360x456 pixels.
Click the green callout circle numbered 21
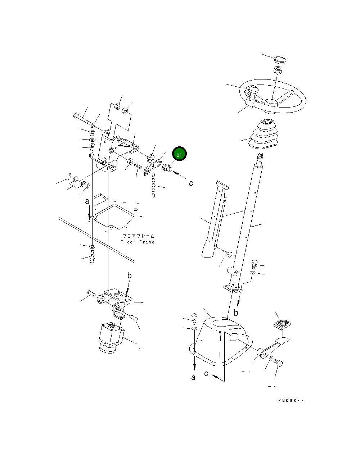179,154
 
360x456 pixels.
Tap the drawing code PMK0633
291,400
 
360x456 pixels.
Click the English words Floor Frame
138,242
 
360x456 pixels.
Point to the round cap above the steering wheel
280,60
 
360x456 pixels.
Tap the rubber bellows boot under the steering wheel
263,134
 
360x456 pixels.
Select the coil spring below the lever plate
154,185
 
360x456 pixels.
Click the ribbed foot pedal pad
282,325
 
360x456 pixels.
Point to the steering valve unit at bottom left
111,338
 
